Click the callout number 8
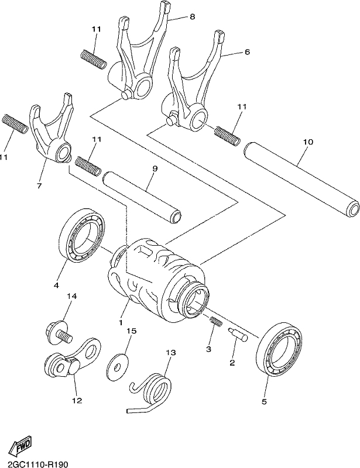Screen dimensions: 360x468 [192, 17]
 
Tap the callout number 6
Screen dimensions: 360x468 [247, 52]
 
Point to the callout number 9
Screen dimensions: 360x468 [155, 169]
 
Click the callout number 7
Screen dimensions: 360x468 [39, 185]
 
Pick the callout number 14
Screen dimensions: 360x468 [71, 296]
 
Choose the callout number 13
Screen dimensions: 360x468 [170, 353]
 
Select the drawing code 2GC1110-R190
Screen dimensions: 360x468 [34, 464]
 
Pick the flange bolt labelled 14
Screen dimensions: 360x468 [59, 332]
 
